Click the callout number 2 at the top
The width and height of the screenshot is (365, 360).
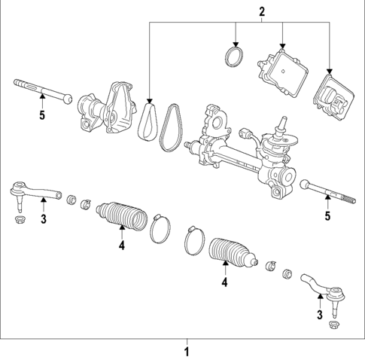pyautogui.click(x=262, y=11)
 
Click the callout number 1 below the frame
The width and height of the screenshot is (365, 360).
pyautogui.click(x=188, y=351)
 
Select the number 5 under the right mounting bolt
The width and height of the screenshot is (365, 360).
pyautogui.click(x=327, y=217)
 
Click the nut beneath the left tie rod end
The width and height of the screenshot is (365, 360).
pyautogui.click(x=20, y=220)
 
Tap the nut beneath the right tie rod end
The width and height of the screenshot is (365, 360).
pyautogui.click(x=334, y=326)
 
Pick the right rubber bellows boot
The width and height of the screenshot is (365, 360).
pyautogui.click(x=229, y=253)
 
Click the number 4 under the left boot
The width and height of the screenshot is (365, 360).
pyautogui.click(x=120, y=244)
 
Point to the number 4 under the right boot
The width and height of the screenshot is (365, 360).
pyautogui.click(x=224, y=282)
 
